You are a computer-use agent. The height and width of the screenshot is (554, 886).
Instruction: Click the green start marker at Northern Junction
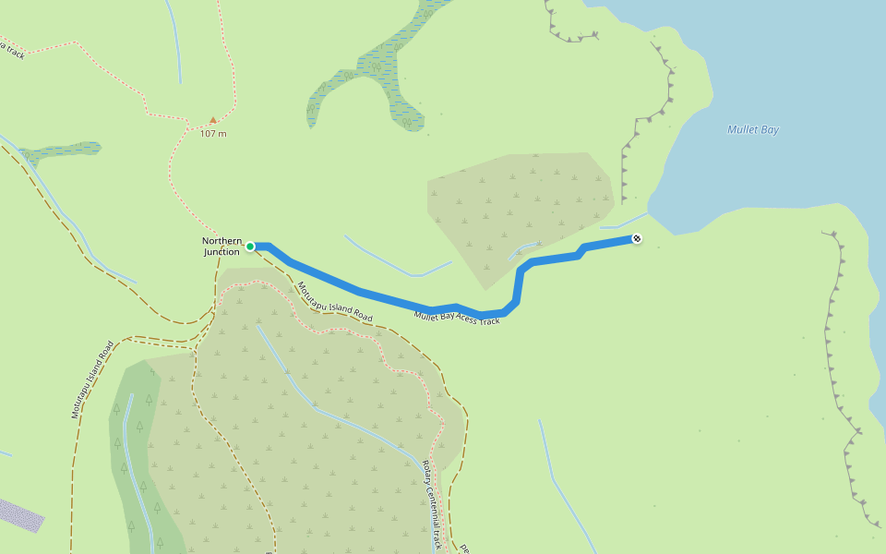click(250, 247)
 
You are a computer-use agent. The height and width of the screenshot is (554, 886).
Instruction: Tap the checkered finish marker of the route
click(637, 240)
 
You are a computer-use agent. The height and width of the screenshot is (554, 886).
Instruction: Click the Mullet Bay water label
click(753, 130)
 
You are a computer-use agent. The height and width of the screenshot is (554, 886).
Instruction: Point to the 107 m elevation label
click(213, 134)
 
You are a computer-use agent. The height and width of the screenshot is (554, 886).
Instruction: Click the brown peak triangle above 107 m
click(213, 120)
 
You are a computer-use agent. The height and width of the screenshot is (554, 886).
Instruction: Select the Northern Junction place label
click(221, 247)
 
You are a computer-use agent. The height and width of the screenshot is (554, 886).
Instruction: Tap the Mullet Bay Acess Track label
click(457, 317)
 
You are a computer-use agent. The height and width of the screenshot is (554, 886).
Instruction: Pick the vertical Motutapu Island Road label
click(92, 379)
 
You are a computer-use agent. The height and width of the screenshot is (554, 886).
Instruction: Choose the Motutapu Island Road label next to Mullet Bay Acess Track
click(335, 302)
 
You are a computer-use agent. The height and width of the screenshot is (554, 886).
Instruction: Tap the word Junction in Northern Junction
click(221, 252)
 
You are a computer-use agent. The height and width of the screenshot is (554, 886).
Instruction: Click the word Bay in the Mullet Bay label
click(768, 130)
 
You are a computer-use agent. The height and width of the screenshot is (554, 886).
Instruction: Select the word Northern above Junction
click(221, 241)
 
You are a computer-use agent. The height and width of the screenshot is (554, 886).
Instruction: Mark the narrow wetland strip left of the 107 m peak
click(61, 151)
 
